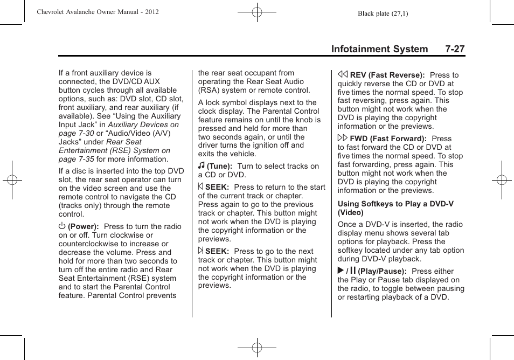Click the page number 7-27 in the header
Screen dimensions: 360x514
(x=455, y=49)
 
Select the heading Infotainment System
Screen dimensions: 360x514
(x=379, y=49)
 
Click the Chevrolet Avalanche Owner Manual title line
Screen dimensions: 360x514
(x=98, y=12)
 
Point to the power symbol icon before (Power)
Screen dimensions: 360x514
(x=62, y=227)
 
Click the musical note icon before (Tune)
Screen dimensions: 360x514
(x=201, y=166)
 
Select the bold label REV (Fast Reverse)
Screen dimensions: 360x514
(x=387, y=75)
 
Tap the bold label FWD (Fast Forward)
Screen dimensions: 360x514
(x=388, y=139)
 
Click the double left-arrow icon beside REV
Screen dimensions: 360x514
(x=343, y=75)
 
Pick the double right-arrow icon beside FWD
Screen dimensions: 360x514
(x=343, y=139)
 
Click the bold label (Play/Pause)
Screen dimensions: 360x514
(x=383, y=272)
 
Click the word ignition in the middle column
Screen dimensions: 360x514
(x=267, y=146)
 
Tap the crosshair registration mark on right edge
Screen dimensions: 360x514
(x=501, y=180)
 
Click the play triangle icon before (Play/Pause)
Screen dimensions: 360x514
(x=341, y=271)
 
